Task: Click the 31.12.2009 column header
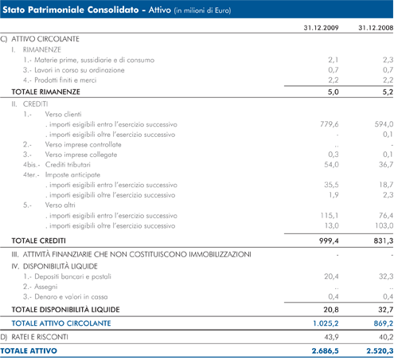[x=321, y=28]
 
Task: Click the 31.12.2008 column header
[x=376, y=28]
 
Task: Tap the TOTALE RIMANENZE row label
[x=45, y=92]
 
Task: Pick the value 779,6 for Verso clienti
[x=330, y=124]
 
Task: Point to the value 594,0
[x=384, y=124]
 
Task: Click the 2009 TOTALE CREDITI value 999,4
[x=329, y=241]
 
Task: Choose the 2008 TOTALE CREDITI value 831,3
[x=384, y=241]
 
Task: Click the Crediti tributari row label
[x=68, y=165]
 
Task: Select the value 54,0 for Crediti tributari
[x=331, y=165]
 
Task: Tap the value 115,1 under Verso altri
[x=330, y=215]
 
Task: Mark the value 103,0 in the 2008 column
[x=384, y=225]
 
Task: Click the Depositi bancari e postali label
[x=72, y=276]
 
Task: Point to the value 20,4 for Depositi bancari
[x=331, y=276]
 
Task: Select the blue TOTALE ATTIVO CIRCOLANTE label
[x=61, y=323]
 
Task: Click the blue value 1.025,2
[x=326, y=323]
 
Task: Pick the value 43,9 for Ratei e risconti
[x=331, y=337]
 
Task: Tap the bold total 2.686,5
[x=326, y=351]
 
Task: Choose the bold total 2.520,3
[x=380, y=351]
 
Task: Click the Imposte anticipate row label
[x=72, y=174]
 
